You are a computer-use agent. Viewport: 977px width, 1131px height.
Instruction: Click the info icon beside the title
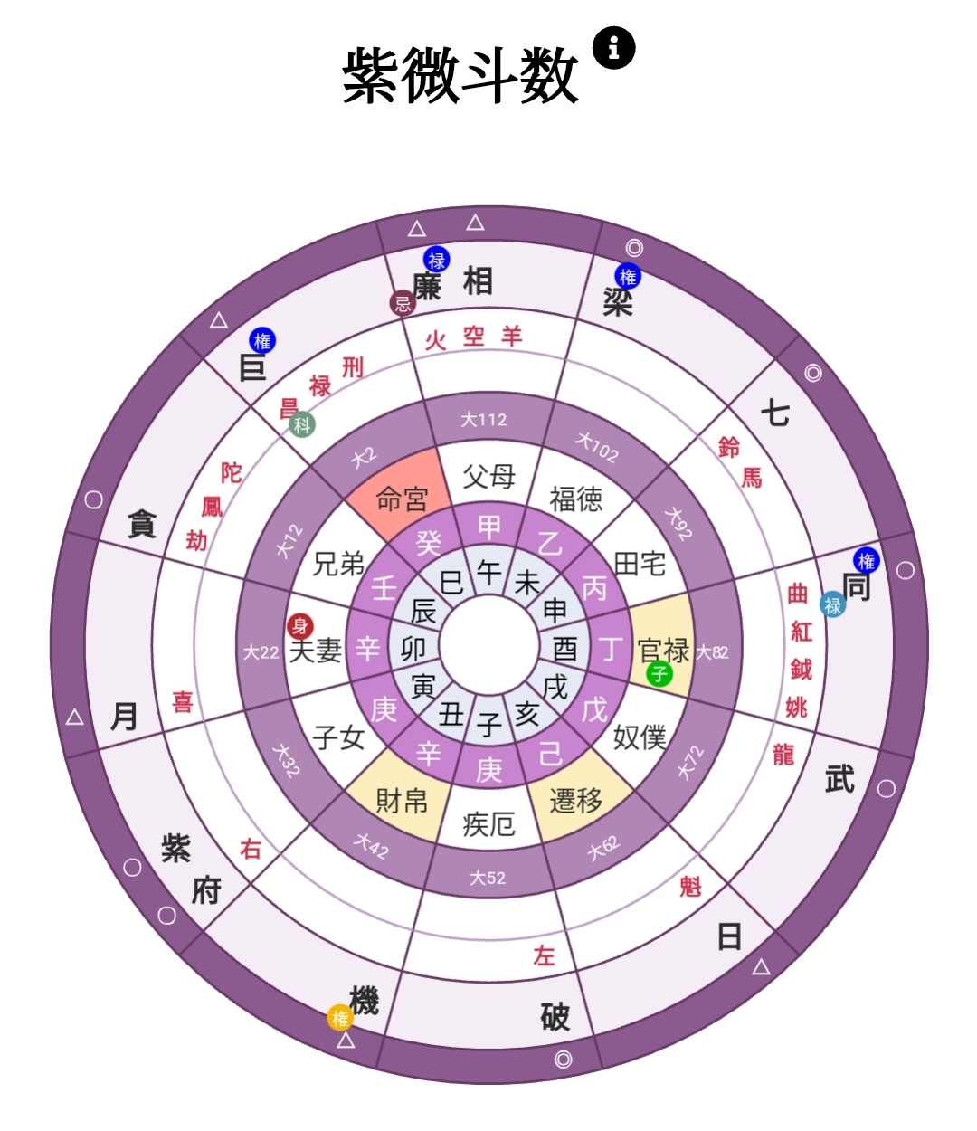[613, 48]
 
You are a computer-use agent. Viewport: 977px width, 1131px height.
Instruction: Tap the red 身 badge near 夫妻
[300, 625]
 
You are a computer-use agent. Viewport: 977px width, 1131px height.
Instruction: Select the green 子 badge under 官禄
[659, 673]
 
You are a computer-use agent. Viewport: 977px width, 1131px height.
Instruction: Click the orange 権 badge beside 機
[340, 1018]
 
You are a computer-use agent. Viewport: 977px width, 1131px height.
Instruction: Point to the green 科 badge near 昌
[302, 424]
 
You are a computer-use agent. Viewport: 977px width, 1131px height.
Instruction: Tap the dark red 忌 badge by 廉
[403, 302]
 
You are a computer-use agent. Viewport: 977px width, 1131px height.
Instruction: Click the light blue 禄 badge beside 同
[832, 604]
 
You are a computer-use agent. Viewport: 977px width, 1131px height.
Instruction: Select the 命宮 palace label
[402, 499]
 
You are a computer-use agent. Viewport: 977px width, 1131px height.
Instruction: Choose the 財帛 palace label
[402, 802]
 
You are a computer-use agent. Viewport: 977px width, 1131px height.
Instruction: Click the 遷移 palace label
[576, 801]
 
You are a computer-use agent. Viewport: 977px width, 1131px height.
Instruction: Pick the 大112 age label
[484, 420]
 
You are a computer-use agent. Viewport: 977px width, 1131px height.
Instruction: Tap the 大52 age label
[488, 879]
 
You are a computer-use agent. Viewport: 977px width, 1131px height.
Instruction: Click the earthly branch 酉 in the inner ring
[565, 650]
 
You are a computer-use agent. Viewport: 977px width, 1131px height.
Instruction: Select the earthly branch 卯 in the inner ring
[413, 650]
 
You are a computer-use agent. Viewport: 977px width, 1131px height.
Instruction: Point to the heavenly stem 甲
[488, 527]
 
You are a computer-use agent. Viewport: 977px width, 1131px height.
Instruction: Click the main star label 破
[555, 1017]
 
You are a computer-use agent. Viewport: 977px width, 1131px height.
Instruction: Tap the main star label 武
[839, 779]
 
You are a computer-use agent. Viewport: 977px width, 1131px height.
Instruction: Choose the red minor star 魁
[690, 887]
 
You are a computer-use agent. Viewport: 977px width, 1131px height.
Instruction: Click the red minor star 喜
[183, 702]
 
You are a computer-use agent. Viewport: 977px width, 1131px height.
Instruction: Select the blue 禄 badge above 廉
[437, 260]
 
